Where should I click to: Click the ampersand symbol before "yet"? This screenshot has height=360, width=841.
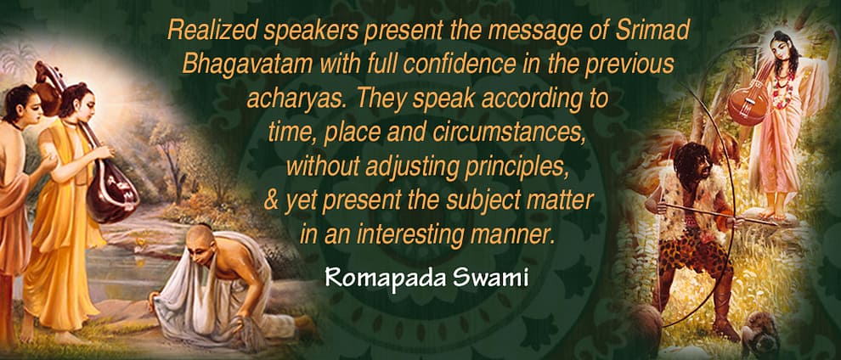click(271, 200)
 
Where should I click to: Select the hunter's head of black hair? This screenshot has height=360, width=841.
click(691, 163)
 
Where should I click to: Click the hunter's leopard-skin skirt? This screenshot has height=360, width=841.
click(688, 250)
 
